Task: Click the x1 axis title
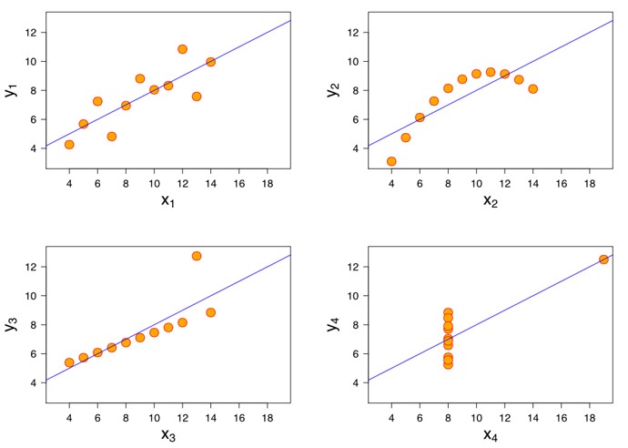167,199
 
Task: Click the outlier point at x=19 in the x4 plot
603,260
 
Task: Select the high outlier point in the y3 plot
197,256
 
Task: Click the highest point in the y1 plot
182,49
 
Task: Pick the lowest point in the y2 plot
391,161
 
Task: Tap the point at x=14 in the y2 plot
532,89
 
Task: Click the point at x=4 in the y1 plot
69,145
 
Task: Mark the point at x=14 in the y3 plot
210,312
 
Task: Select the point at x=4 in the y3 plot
69,362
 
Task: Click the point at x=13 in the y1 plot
197,97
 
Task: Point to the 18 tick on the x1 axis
268,183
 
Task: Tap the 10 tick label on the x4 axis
476,417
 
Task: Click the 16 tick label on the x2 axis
561,183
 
